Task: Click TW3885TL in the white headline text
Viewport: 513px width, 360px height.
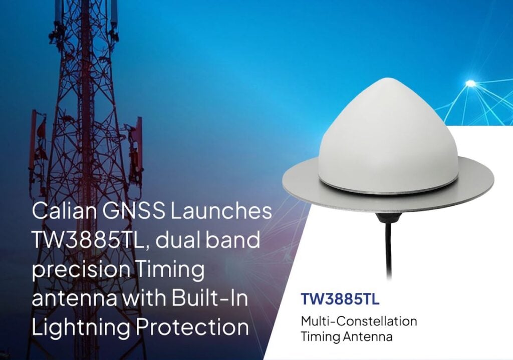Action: click(88, 240)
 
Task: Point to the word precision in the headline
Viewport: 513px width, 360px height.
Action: click(81, 270)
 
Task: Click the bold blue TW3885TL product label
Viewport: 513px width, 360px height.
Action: click(340, 299)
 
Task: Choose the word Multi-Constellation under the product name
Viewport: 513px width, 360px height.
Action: click(359, 321)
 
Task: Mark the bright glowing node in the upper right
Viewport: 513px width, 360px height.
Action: click(470, 83)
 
